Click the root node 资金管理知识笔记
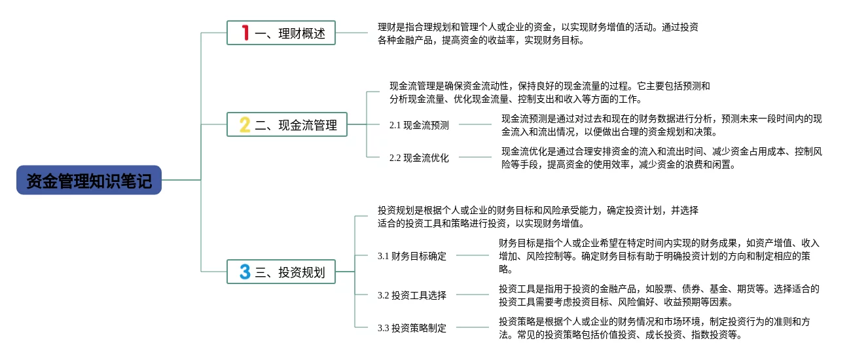pos(89,180)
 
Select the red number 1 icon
pos(245,33)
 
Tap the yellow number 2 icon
pos(245,124)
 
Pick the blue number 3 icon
pos(245,272)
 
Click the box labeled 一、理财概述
pos(281,33)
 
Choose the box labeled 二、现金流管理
pos(287,124)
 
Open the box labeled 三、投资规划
pos(281,272)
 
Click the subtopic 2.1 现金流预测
pos(419,125)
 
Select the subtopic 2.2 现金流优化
pos(419,158)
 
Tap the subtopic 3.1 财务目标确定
pos(412,256)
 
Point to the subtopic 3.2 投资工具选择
pos(412,295)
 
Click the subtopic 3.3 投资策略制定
pos(412,328)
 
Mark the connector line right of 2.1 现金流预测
pos(475,124)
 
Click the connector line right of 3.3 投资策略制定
pos(473,327)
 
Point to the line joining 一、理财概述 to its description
pos(352,33)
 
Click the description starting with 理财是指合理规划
pos(538,33)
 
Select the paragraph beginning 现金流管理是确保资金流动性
pos(549,92)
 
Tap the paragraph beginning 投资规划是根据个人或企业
pos(538,217)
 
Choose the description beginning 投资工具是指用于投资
pos(659,295)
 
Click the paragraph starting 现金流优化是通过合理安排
pos(661,158)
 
